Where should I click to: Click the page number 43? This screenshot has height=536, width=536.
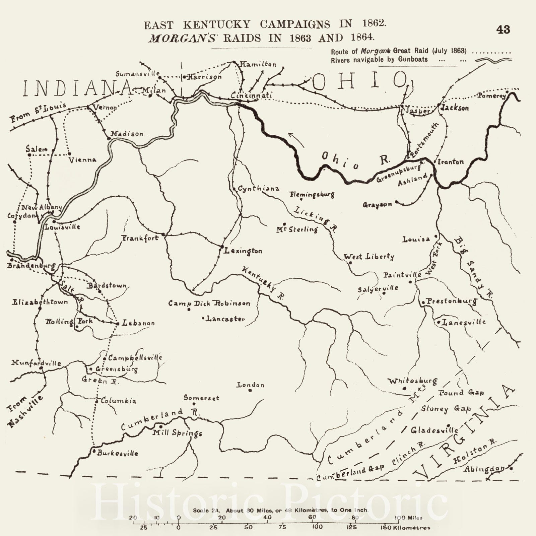tap(503, 29)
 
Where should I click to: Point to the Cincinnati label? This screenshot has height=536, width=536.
tap(251, 96)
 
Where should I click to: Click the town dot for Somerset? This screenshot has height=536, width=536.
tap(194, 404)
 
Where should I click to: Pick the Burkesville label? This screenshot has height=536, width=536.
tap(118, 453)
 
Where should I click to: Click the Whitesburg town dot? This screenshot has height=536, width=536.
tap(404, 389)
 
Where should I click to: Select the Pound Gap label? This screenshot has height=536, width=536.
tap(461, 393)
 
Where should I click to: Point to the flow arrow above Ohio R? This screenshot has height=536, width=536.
tap(296, 139)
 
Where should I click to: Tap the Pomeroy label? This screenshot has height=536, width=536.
tap(491, 96)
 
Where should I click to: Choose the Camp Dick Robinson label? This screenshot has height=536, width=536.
tap(209, 304)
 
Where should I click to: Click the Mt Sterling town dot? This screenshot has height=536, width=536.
tap(284, 224)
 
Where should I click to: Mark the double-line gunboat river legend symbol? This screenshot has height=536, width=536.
tap(493, 60)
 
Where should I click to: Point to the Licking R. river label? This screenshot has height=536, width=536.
tap(315, 219)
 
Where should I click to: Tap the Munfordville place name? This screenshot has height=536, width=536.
tap(36, 363)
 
